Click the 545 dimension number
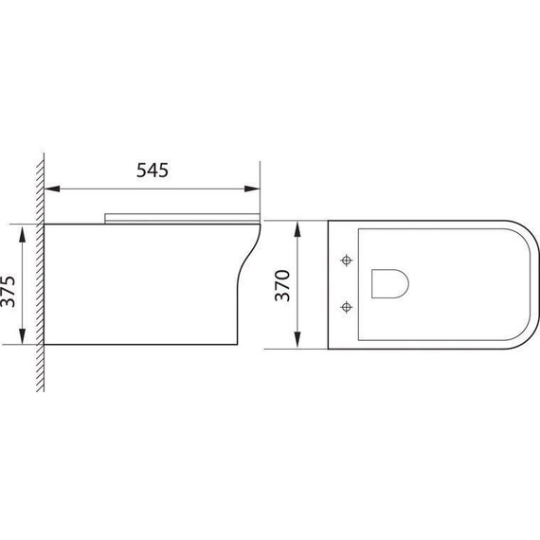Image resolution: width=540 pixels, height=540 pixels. point(152,171)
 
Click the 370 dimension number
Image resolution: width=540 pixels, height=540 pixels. point(280,284)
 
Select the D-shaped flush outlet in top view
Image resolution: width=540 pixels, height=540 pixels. point(387,282)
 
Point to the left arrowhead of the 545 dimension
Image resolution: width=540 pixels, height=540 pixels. point(51,189)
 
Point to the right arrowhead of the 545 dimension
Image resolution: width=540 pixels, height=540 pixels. point(254,189)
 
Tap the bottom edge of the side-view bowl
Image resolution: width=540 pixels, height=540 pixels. point(142,343)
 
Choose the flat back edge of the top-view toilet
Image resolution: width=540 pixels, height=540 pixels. point(328,284)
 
